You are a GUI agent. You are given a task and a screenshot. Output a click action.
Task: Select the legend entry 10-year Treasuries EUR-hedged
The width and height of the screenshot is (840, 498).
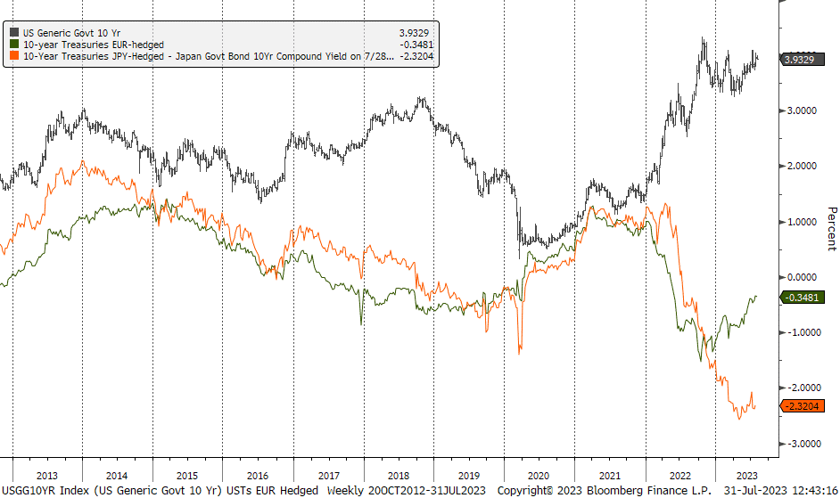point(94,44)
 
